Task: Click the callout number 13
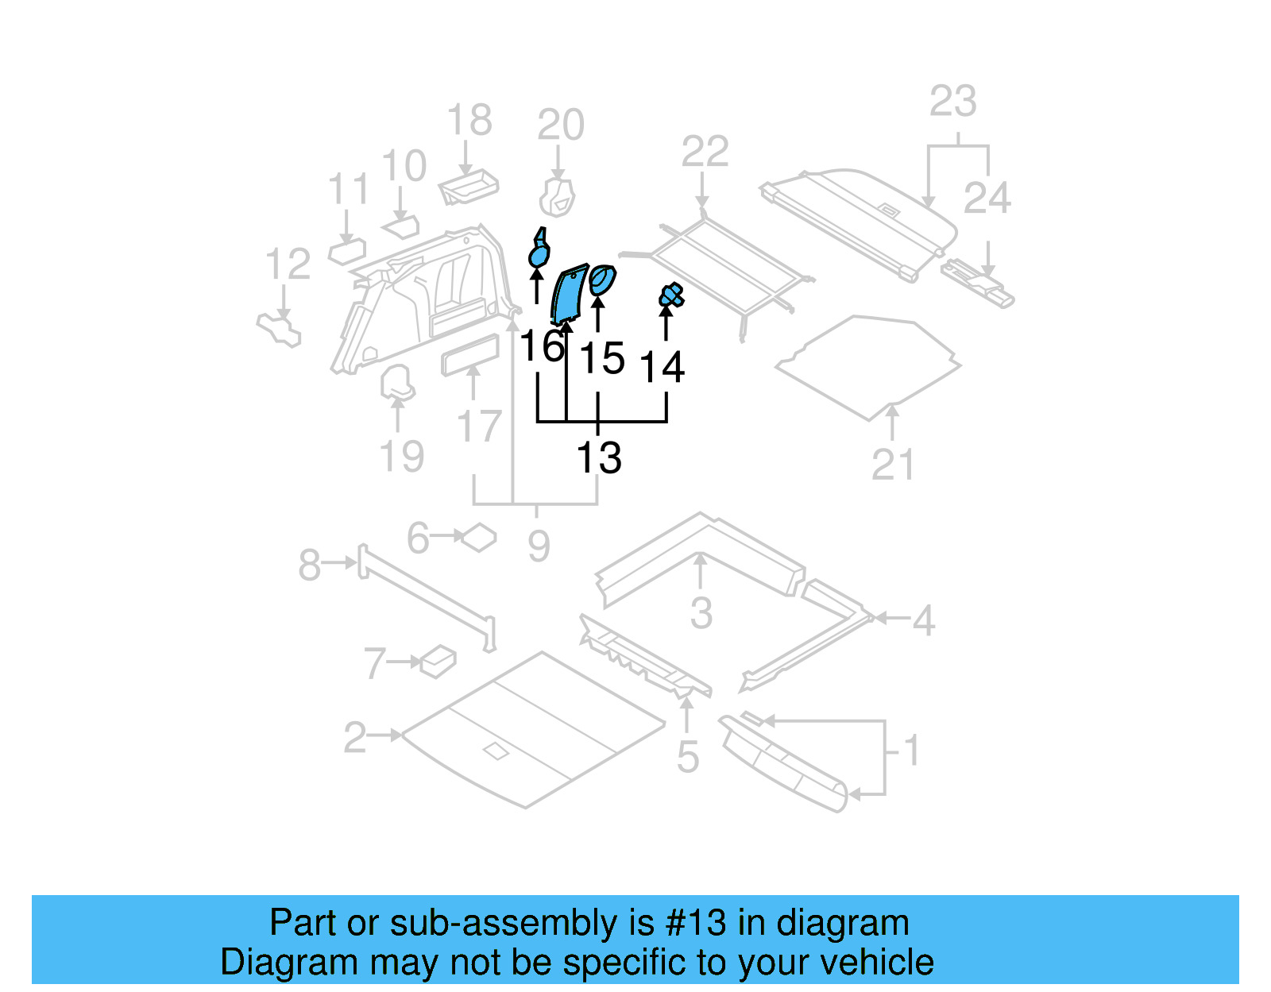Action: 598,458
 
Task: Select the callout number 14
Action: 662,367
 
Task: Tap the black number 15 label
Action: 602,358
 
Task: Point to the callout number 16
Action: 542,347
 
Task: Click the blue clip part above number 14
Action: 671,296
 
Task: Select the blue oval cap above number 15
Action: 602,280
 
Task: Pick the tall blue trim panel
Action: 569,295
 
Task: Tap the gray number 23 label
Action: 952,102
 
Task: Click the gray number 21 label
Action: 893,465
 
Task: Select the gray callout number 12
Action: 287,264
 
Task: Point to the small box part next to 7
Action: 438,660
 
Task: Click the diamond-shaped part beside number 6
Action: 479,537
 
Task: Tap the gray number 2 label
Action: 355,738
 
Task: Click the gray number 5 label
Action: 688,757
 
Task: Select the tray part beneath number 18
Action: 469,187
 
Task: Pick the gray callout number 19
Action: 401,457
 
